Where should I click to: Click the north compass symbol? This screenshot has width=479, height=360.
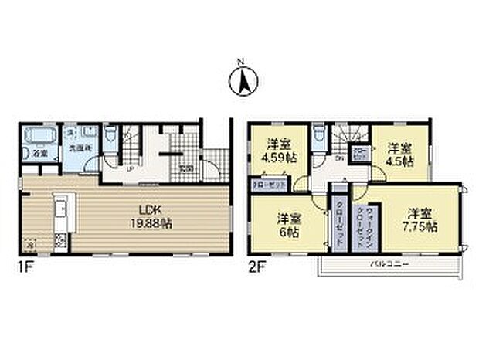coord(239,79)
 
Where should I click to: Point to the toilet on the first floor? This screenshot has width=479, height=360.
coord(113,136)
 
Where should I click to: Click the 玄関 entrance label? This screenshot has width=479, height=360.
coord(185,168)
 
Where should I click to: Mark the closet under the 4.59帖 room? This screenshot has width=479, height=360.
coord(268,185)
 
